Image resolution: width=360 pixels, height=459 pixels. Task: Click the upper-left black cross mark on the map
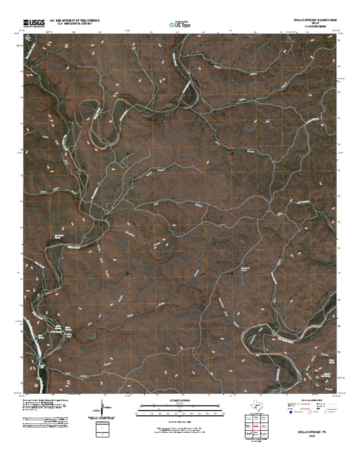(x=127, y=153)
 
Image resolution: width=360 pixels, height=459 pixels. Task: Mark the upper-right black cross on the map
(x=232, y=153)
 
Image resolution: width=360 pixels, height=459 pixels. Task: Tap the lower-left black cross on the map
(x=127, y=273)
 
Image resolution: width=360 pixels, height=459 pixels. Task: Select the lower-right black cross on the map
(x=232, y=273)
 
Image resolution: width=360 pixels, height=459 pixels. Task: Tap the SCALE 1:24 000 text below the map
(x=180, y=400)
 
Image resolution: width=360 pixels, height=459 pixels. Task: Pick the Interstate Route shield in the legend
(x=291, y=413)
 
